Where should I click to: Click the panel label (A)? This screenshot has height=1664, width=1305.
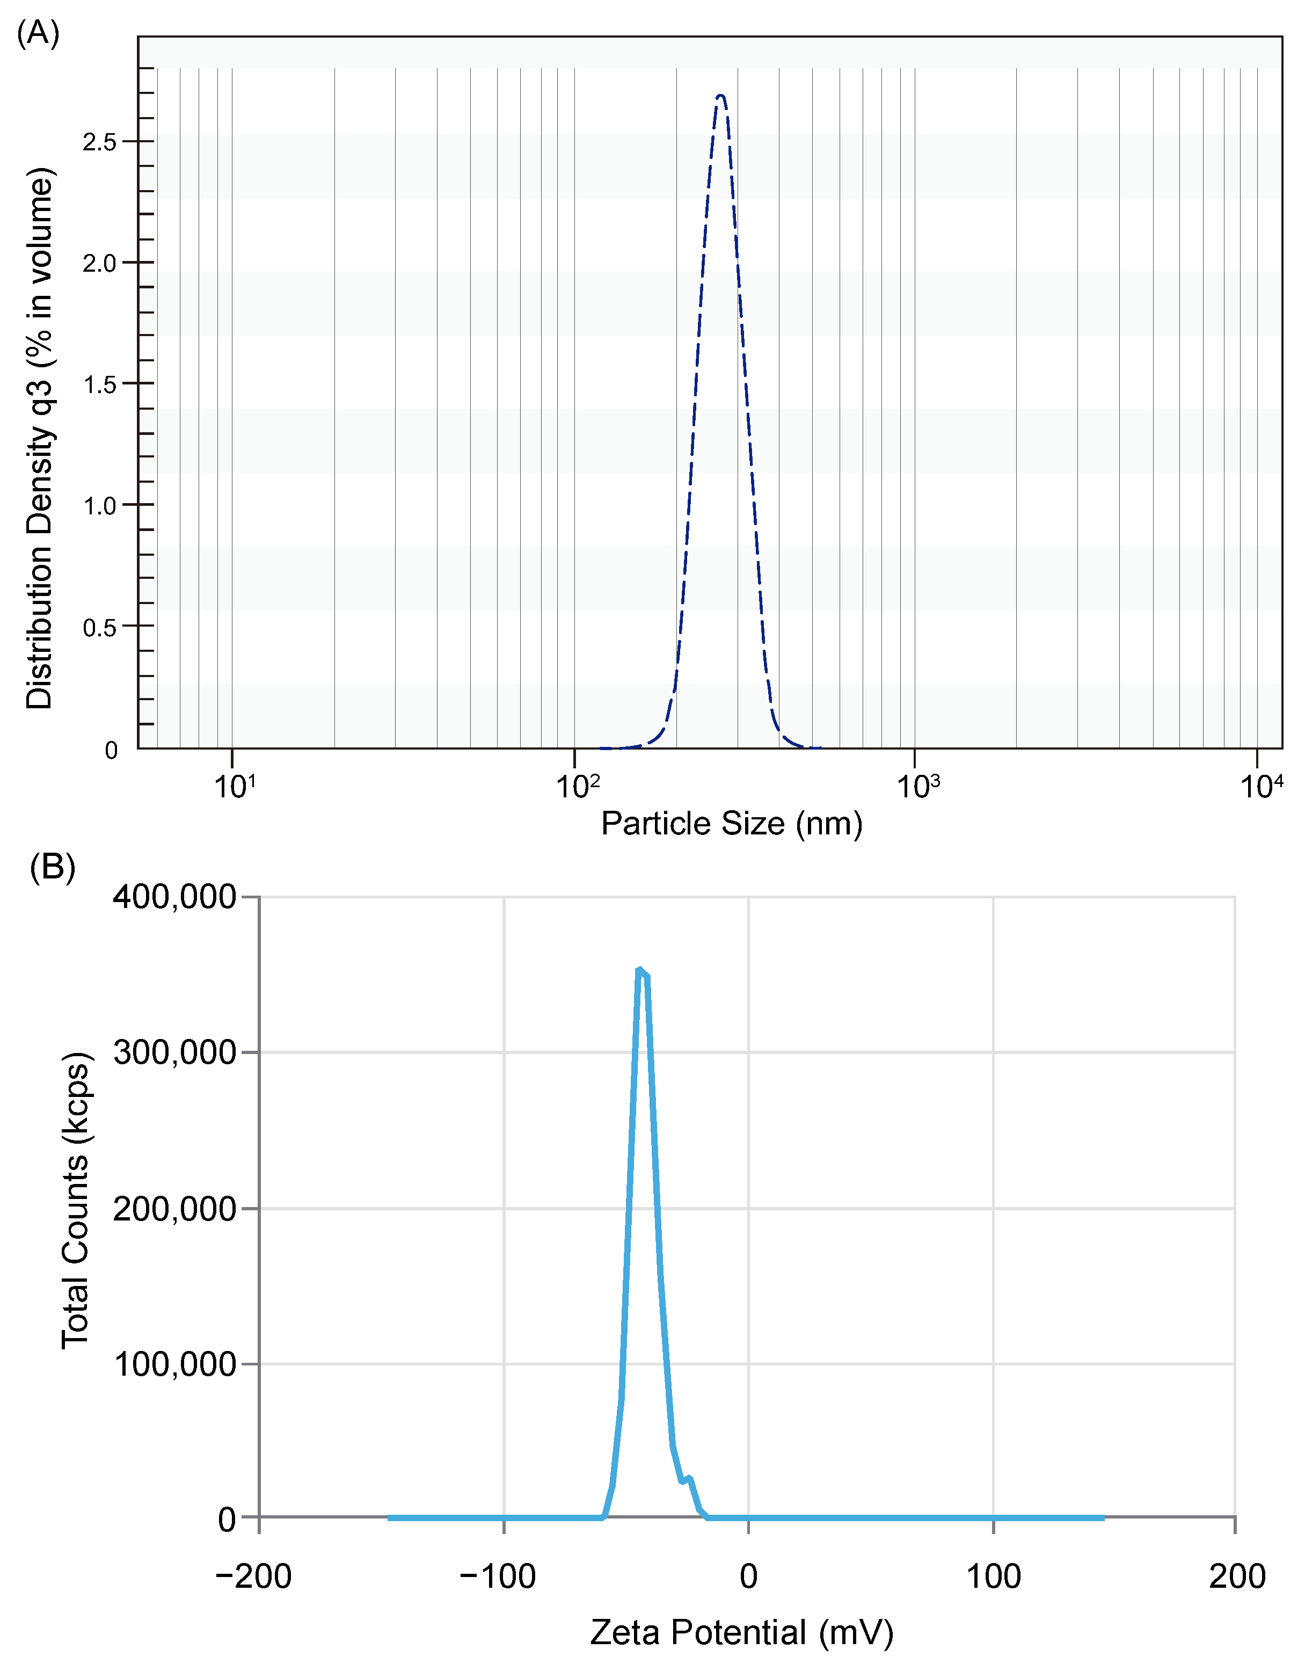(38, 34)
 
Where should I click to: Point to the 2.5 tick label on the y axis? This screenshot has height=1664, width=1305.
(99, 142)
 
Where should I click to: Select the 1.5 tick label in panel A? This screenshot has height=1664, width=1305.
(99, 384)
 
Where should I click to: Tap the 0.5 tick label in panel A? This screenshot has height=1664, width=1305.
(99, 628)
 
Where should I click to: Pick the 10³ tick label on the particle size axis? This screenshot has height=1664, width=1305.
(917, 786)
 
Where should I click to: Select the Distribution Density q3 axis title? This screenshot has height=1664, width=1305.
(40, 438)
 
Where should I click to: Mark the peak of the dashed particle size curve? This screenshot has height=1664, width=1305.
(720, 96)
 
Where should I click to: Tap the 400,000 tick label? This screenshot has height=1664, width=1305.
(174, 897)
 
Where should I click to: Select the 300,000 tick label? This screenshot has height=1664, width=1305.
(174, 1052)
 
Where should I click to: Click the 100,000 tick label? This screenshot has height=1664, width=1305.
(174, 1364)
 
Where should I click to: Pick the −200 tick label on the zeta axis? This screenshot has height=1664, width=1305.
(254, 1576)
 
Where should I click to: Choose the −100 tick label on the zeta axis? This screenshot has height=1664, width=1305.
(498, 1576)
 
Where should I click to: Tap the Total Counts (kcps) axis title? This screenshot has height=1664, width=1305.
(76, 1200)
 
